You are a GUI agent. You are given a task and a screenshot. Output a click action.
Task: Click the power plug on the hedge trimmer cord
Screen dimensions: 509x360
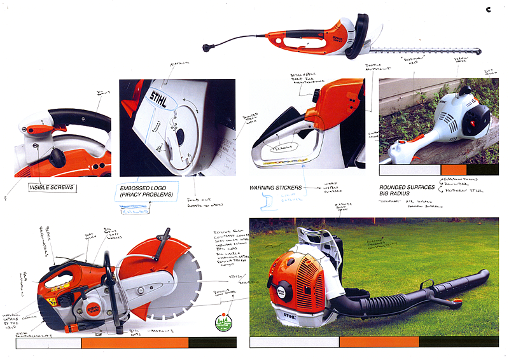pos(207,46)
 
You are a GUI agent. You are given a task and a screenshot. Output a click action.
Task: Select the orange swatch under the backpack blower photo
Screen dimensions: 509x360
pos(378,342)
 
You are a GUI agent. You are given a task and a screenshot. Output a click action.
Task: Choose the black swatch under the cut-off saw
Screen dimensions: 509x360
pos(213,343)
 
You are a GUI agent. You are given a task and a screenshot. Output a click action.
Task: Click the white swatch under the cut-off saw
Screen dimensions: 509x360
pos(48,343)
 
